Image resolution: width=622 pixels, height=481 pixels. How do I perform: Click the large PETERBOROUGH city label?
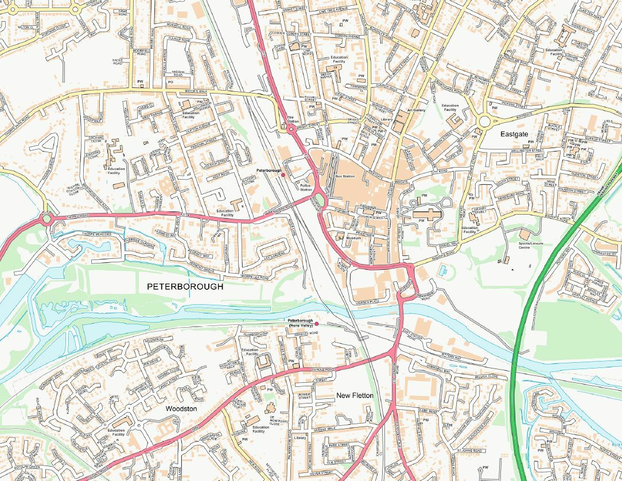[x=185, y=286]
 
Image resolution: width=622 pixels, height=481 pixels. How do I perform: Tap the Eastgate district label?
[x=514, y=134]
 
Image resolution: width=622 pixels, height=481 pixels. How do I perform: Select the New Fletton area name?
[x=355, y=395]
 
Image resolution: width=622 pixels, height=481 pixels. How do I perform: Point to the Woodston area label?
[x=181, y=408]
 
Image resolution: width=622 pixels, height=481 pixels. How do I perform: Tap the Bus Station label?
[x=345, y=176]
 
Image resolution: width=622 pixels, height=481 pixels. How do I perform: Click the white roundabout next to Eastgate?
[x=484, y=121]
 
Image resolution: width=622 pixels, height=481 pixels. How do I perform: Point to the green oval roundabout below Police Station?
[x=320, y=201]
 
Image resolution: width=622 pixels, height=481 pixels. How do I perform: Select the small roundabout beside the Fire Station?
[x=292, y=129]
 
